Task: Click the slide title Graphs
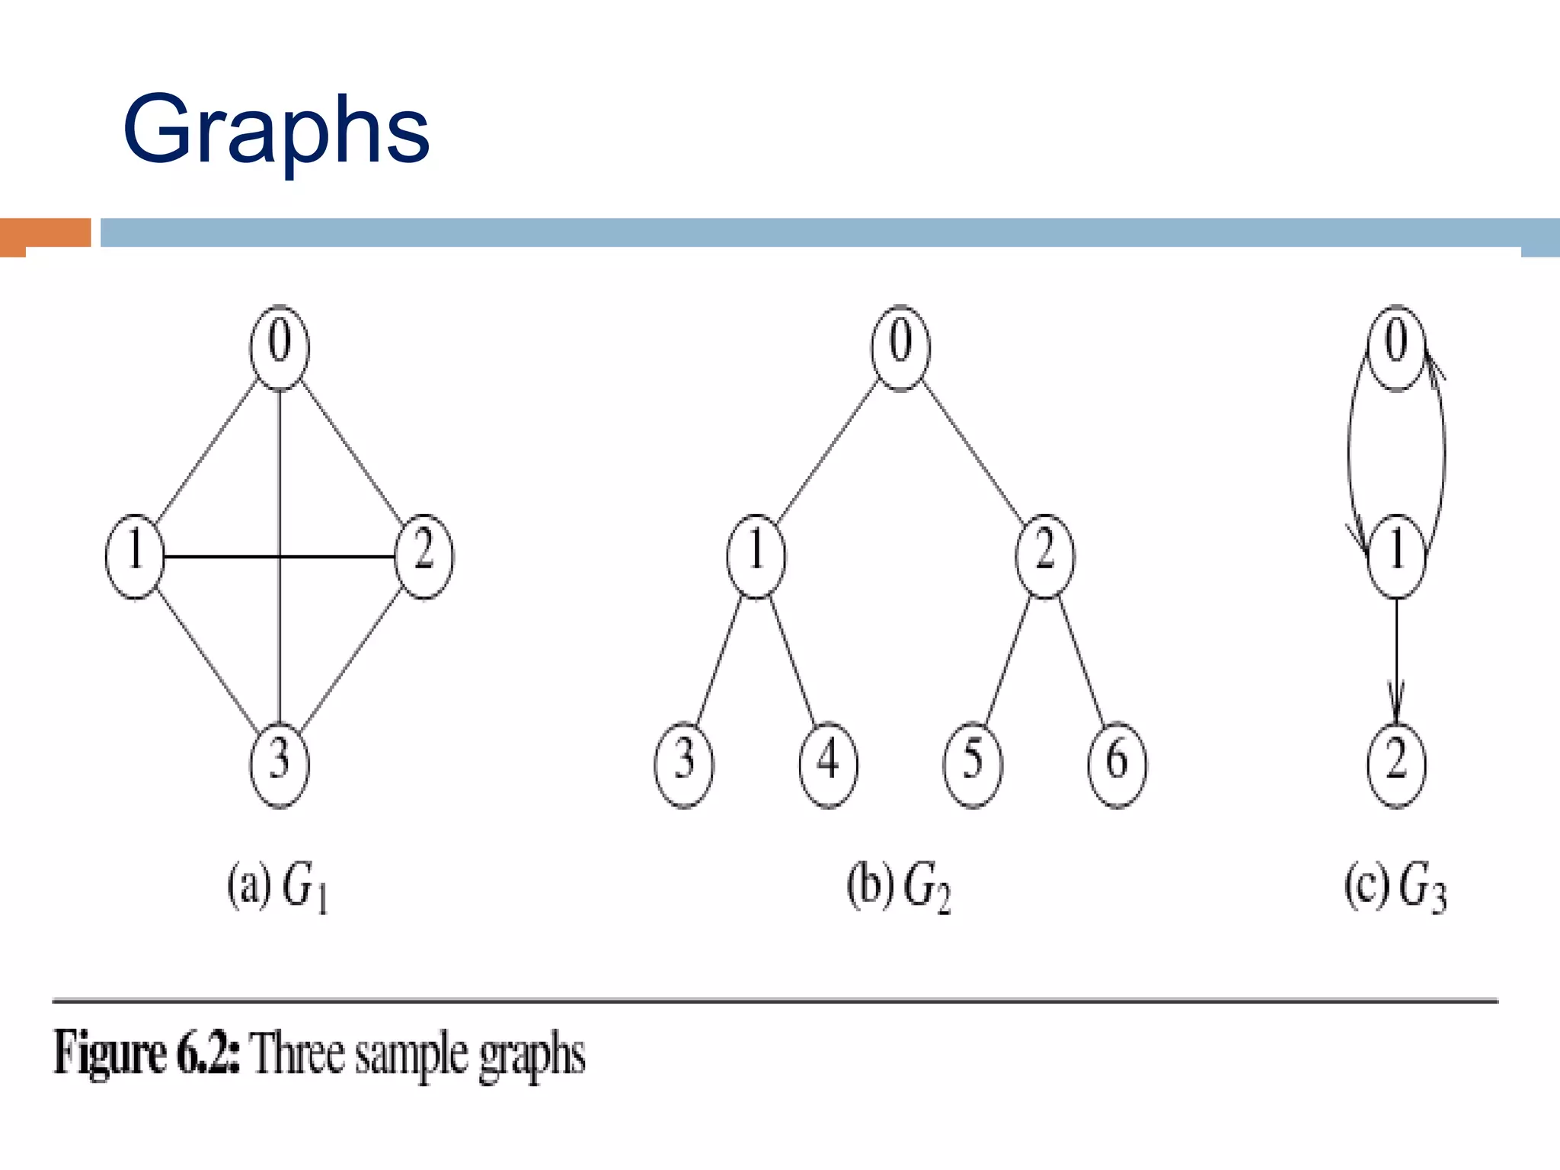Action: coord(276,129)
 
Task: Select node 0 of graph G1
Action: coord(280,347)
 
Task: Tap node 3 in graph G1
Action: coord(280,764)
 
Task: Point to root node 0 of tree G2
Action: coord(900,347)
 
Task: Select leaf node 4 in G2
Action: coord(828,764)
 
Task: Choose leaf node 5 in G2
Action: coord(973,764)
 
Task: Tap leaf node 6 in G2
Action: coord(1117,764)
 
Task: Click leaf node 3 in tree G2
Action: coord(684,764)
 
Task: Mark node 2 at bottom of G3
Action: coord(1396,764)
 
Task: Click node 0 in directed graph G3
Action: coord(1395,347)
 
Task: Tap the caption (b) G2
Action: coord(899,887)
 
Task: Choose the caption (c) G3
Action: coord(1395,887)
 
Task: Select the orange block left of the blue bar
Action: coord(46,233)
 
